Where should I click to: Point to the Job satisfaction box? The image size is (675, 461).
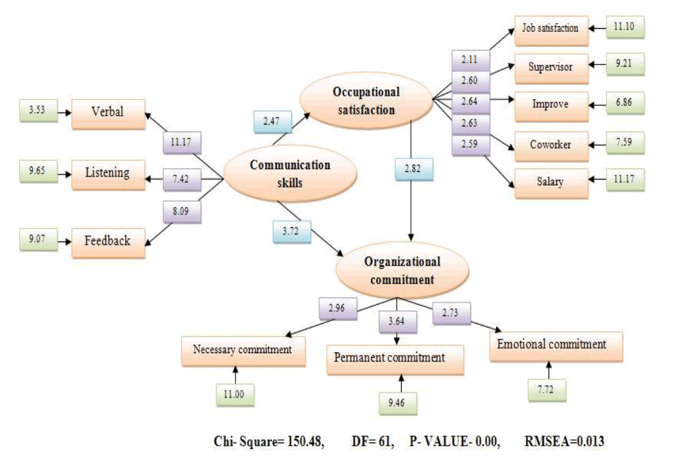click(551, 28)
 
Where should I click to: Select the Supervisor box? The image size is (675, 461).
click(551, 66)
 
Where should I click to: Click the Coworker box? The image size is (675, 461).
click(551, 145)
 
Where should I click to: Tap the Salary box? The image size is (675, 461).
click(551, 183)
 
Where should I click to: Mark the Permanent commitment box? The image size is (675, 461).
click(389, 359)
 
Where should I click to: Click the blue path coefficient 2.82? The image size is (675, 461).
click(409, 169)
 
